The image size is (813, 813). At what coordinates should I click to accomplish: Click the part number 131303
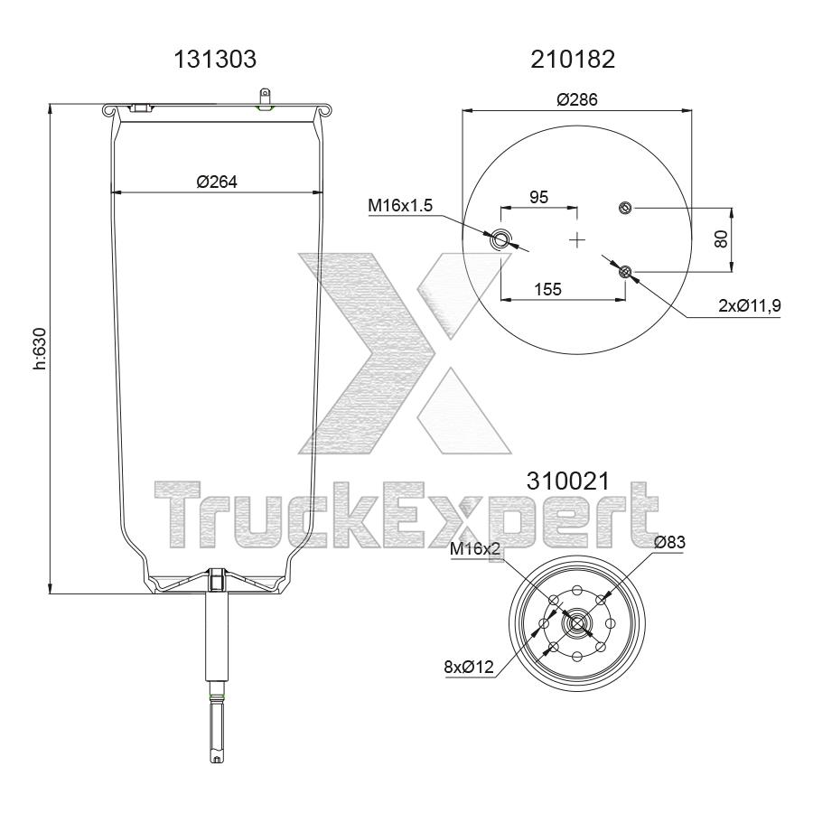pos(215,60)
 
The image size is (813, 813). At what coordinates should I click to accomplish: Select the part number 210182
pos(575,60)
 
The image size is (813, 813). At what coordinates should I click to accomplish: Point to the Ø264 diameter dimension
pos(216,182)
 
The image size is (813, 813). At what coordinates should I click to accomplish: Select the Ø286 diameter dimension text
pos(577,99)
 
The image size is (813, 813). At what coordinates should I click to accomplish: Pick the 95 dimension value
pos(537,197)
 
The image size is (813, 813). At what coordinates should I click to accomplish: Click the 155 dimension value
pos(548,289)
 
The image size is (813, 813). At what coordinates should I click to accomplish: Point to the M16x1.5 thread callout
pos(400,206)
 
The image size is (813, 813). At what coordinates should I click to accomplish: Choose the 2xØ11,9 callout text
pos(749,305)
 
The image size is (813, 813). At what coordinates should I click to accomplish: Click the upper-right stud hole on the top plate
pos(624,209)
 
